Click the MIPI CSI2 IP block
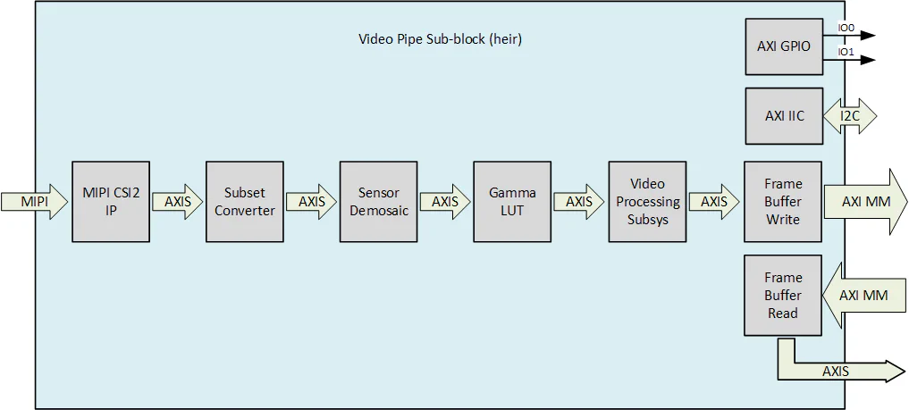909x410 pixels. (x=111, y=202)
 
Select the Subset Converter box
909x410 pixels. (x=245, y=202)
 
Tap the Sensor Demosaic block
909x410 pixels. (x=378, y=202)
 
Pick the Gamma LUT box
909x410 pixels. (x=512, y=202)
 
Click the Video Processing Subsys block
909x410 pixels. (x=647, y=202)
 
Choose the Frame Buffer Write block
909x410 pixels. (x=783, y=202)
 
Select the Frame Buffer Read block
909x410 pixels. (x=783, y=295)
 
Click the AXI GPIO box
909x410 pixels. (x=783, y=46)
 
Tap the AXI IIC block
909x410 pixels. (x=783, y=116)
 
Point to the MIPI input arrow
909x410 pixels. (x=34, y=202)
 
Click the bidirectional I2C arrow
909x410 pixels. (x=850, y=116)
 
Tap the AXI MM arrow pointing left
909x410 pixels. (x=863, y=295)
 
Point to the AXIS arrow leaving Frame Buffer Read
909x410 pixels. (x=840, y=371)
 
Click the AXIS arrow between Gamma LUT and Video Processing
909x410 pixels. (x=579, y=202)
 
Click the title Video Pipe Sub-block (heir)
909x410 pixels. (x=440, y=39)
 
